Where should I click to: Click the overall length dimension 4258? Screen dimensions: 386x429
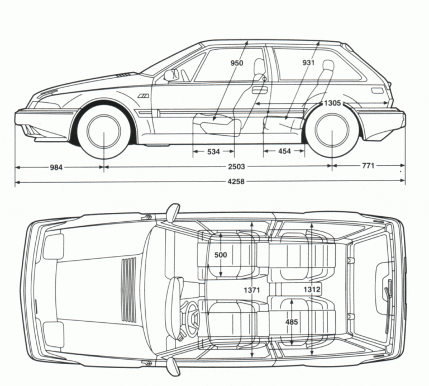click(x=236, y=181)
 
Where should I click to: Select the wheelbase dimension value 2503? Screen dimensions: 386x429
click(x=236, y=166)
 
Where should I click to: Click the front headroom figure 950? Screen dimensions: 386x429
click(x=236, y=63)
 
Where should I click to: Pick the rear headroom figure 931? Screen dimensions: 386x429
click(x=308, y=63)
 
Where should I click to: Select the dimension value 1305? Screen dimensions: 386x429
click(x=333, y=104)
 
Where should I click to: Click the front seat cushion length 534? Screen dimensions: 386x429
click(x=213, y=151)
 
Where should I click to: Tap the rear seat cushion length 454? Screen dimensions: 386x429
click(x=284, y=151)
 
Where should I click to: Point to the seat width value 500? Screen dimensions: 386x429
click(x=221, y=255)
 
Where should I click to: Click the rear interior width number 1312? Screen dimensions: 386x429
click(x=312, y=289)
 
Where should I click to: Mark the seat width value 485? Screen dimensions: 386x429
click(x=291, y=322)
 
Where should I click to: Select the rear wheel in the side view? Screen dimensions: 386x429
click(x=332, y=130)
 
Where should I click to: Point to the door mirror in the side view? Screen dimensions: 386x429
click(x=169, y=75)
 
